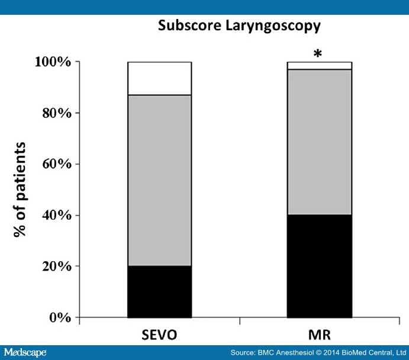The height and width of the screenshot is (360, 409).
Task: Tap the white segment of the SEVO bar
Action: coord(160,78)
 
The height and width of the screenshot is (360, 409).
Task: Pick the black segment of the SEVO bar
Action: coord(160,291)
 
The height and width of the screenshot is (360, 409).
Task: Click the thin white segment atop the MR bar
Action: coord(320,65)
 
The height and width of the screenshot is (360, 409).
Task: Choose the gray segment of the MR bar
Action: coord(320,142)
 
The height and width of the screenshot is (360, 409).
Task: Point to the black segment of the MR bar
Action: coord(320,266)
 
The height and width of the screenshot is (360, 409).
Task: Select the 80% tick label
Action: coord(53,113)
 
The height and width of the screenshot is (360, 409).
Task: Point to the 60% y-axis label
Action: coord(53,164)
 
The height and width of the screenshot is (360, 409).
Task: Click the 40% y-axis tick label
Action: coord(53,216)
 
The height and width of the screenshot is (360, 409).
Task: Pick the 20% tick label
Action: coord(53,266)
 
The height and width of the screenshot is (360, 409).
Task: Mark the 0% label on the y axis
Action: coord(57,318)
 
